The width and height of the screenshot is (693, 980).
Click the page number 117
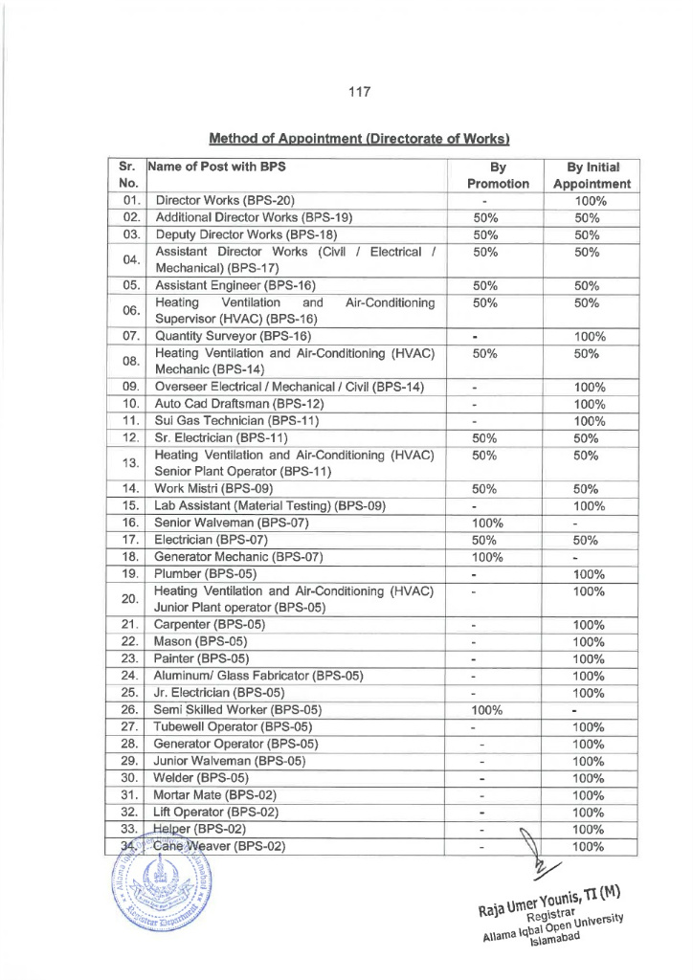pos(358,92)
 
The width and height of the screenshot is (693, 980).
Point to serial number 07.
pos(132,336)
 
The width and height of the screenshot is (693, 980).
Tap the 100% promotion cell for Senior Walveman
pos(488,523)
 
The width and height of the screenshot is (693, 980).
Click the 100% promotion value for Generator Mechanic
pos(488,557)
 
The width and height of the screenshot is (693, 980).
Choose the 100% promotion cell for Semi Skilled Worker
pos(488,710)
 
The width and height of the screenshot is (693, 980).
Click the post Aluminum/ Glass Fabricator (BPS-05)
pos(258,676)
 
